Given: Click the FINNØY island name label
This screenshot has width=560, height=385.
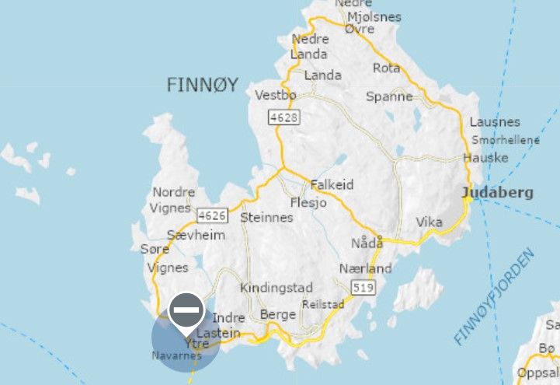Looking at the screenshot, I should click(202, 85).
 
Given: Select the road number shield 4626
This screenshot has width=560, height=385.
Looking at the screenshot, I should click(211, 215).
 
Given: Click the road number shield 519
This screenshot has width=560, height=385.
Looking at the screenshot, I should click(363, 289).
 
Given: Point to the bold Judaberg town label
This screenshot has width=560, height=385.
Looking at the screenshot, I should click(497, 193).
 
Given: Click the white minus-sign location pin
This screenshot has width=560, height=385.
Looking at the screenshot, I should click(186, 311).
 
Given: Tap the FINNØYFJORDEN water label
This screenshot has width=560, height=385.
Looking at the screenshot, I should click(495, 296).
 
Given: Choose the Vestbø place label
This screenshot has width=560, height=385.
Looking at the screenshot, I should click(276, 96).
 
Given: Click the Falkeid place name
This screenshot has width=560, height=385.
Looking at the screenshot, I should click(332, 185).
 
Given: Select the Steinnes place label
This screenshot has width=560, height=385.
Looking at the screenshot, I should click(267, 217).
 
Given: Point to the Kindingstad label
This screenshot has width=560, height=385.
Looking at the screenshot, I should click(277, 288).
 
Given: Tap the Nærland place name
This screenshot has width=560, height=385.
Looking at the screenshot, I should click(365, 268).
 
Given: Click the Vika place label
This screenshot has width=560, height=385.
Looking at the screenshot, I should click(430, 222).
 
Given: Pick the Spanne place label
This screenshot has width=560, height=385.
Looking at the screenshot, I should click(389, 96).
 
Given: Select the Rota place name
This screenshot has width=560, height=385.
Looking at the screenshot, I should click(387, 68).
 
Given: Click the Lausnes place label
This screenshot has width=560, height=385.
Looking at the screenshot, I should click(495, 122).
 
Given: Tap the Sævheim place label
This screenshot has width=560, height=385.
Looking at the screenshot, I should click(197, 235).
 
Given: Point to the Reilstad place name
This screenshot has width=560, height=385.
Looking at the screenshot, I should click(322, 304).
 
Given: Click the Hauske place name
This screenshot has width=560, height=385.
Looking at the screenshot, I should click(485, 158).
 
